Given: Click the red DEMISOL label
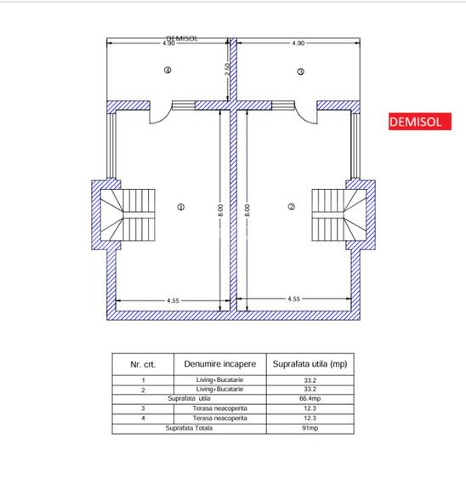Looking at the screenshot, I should [x=415, y=122].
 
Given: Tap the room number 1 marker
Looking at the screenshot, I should [x=180, y=207].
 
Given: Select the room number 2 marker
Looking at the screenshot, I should [x=291, y=207].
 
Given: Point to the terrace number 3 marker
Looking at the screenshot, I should [x=300, y=72].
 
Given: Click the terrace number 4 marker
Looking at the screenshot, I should [x=168, y=71].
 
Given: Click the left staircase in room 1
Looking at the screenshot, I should [x=131, y=215].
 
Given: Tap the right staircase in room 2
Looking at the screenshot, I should [x=338, y=215].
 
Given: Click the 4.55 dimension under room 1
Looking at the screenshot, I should [x=173, y=299].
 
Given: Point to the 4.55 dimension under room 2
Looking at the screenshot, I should [x=293, y=299].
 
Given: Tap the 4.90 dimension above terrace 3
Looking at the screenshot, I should [x=298, y=43].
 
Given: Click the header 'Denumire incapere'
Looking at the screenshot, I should [x=219, y=363].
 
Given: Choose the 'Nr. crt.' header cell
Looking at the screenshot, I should [x=142, y=363].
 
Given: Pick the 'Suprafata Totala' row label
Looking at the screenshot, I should [x=189, y=428].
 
